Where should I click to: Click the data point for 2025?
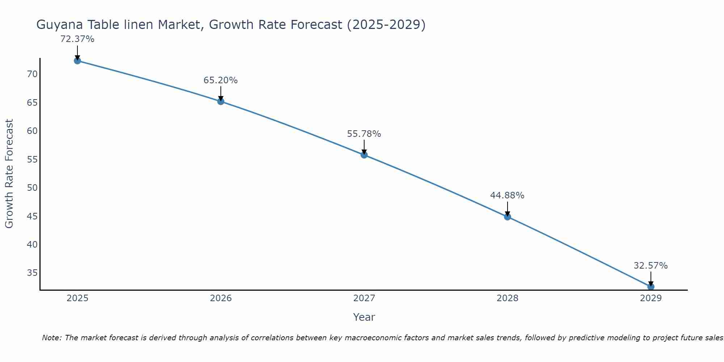(x=77, y=61)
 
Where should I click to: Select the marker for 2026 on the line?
(x=221, y=101)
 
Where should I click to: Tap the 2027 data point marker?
(x=364, y=155)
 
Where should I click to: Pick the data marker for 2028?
(x=508, y=217)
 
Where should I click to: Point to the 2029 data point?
(x=651, y=287)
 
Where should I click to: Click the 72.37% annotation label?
(x=77, y=39)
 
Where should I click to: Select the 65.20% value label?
(x=220, y=80)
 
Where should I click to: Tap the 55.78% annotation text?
(x=364, y=134)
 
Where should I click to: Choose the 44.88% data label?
(x=507, y=195)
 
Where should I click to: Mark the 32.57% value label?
(x=651, y=266)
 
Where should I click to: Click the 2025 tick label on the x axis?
(x=77, y=298)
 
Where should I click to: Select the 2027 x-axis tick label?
(x=364, y=298)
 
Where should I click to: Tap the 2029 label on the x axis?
(x=651, y=298)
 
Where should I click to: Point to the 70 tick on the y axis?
(x=32, y=74)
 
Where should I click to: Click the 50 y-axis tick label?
(x=32, y=188)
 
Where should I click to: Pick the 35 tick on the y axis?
(x=32, y=273)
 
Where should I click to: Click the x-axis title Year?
(x=364, y=317)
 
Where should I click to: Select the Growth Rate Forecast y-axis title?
(x=9, y=173)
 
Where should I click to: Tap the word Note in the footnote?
(x=51, y=338)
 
